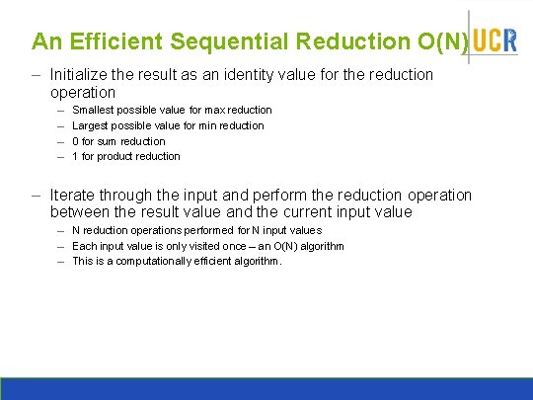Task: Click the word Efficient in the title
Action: coord(114,41)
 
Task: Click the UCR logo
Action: coord(494,40)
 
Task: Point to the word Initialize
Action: coord(84,75)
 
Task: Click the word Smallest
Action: coord(95,110)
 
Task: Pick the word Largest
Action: coord(93,125)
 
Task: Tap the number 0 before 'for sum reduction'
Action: coord(76,141)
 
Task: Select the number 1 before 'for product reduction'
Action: coord(76,156)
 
